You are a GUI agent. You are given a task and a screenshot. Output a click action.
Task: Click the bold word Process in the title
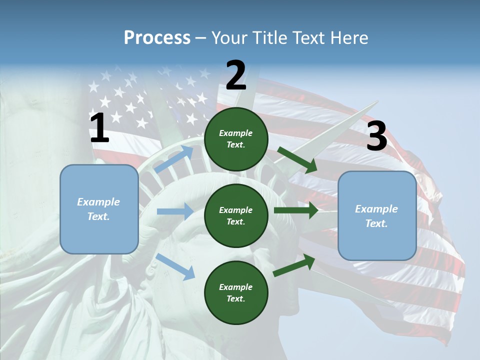pyautogui.click(x=157, y=38)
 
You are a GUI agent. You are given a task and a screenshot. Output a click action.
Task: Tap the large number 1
pyautogui.click(x=99, y=128)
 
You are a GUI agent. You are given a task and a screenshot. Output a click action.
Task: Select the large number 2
pyautogui.click(x=236, y=75)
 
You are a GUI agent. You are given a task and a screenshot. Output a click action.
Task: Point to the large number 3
pyautogui.click(x=376, y=136)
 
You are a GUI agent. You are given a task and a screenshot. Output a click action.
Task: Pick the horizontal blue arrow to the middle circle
pyautogui.click(x=174, y=211)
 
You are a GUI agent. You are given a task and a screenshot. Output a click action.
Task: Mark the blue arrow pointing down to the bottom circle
pyautogui.click(x=175, y=266)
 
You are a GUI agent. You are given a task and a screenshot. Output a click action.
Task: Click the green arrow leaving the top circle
pyautogui.click(x=297, y=159)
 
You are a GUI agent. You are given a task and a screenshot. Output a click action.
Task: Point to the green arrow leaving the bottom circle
pyautogui.click(x=294, y=265)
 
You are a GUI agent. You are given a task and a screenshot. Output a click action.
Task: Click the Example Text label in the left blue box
pyautogui.click(x=98, y=209)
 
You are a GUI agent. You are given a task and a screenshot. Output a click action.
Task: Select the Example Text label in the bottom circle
pyautogui.click(x=236, y=292)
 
